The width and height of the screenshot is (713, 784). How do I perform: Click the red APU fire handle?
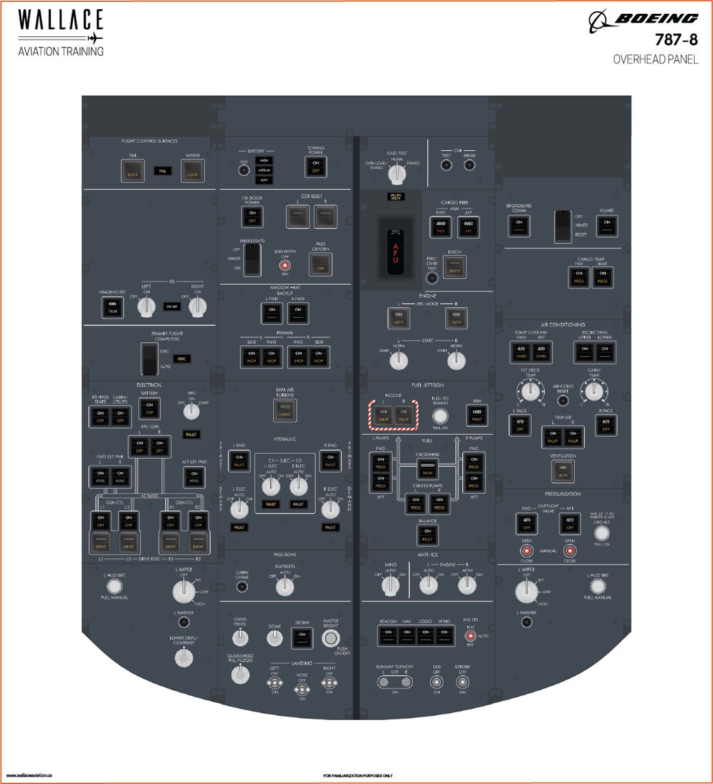click(395, 252)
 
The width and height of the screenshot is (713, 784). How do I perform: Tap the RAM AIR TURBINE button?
click(285, 410)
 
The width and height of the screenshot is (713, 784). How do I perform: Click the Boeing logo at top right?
click(644, 20)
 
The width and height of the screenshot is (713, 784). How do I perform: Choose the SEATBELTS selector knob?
click(285, 586)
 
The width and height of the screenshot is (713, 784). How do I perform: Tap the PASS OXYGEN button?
click(320, 264)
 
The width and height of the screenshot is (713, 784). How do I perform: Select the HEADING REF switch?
click(113, 307)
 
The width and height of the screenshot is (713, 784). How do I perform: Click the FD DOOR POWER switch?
click(252, 216)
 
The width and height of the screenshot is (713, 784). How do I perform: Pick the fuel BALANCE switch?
click(428, 535)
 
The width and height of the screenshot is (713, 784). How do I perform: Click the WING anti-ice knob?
click(390, 585)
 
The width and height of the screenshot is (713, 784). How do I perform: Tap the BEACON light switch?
click(388, 635)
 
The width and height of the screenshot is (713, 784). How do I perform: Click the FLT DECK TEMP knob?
click(530, 392)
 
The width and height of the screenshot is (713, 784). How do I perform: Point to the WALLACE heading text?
click(60, 20)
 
